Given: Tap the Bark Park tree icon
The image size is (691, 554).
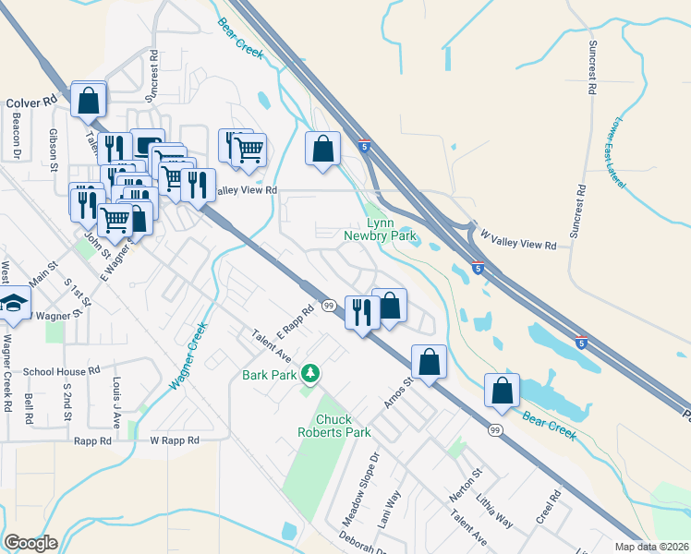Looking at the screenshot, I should click(313, 374).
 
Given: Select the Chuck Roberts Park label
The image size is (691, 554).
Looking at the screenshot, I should click(333, 426).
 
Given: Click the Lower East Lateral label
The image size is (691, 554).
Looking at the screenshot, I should click(621, 153).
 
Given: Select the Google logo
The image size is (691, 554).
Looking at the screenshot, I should click(31, 543).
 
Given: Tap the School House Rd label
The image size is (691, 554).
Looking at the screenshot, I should click(61, 371).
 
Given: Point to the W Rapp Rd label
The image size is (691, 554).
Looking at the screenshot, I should click(175, 440).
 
